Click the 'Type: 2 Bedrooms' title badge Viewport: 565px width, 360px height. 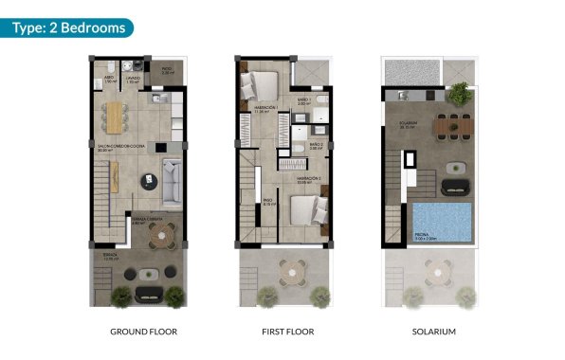[67, 27]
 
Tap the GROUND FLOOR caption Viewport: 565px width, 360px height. [144, 332]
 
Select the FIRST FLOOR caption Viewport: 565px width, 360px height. [287, 332]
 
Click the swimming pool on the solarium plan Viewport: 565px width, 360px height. [443, 224]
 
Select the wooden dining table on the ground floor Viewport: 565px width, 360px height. [118, 117]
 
